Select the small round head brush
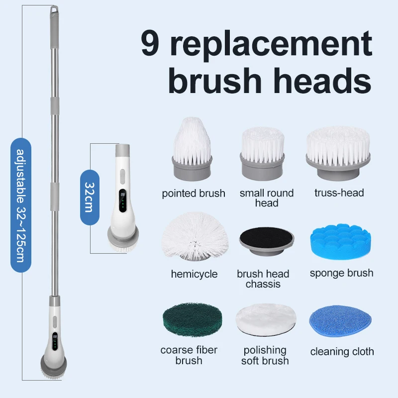tap(262, 151)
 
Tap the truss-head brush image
tap(338, 152)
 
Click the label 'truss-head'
tap(339, 193)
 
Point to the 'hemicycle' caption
tap(194, 274)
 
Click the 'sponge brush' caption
tap(341, 273)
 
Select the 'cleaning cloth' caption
tap(342, 352)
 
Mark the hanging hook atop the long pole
tap(54, 9)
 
